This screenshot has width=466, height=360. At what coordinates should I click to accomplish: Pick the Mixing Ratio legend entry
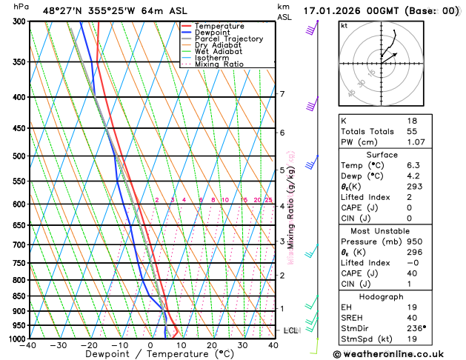tap(220, 64)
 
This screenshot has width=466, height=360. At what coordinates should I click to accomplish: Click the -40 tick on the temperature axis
tap(29, 345)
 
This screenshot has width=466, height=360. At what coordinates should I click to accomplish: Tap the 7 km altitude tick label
tap(282, 94)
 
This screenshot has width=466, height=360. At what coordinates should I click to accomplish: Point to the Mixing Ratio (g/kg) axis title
tap(291, 207)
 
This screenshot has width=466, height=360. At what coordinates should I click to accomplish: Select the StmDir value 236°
tap(417, 327)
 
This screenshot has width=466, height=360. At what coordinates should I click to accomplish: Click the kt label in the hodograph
tap(344, 26)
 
